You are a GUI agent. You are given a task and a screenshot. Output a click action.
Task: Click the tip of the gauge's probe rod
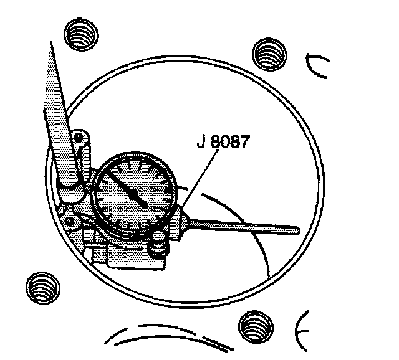pyautogui.click(x=297, y=230)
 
